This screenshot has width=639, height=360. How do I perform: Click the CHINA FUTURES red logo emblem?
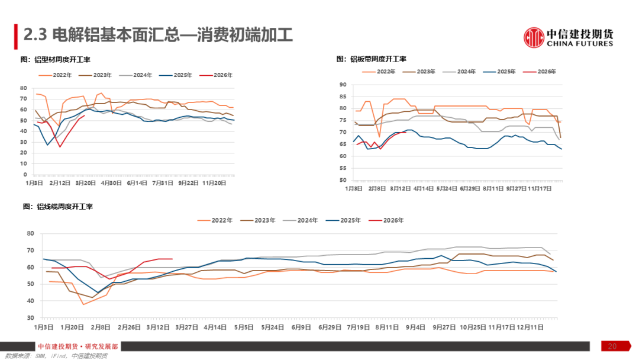534,37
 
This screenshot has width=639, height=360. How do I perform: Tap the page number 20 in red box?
612,346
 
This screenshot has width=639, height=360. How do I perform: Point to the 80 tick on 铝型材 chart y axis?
24,88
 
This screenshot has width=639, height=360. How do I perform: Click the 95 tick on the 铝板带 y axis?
343,85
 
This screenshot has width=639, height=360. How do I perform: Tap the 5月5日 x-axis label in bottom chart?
244,326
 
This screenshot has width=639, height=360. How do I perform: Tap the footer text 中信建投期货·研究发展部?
78,346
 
